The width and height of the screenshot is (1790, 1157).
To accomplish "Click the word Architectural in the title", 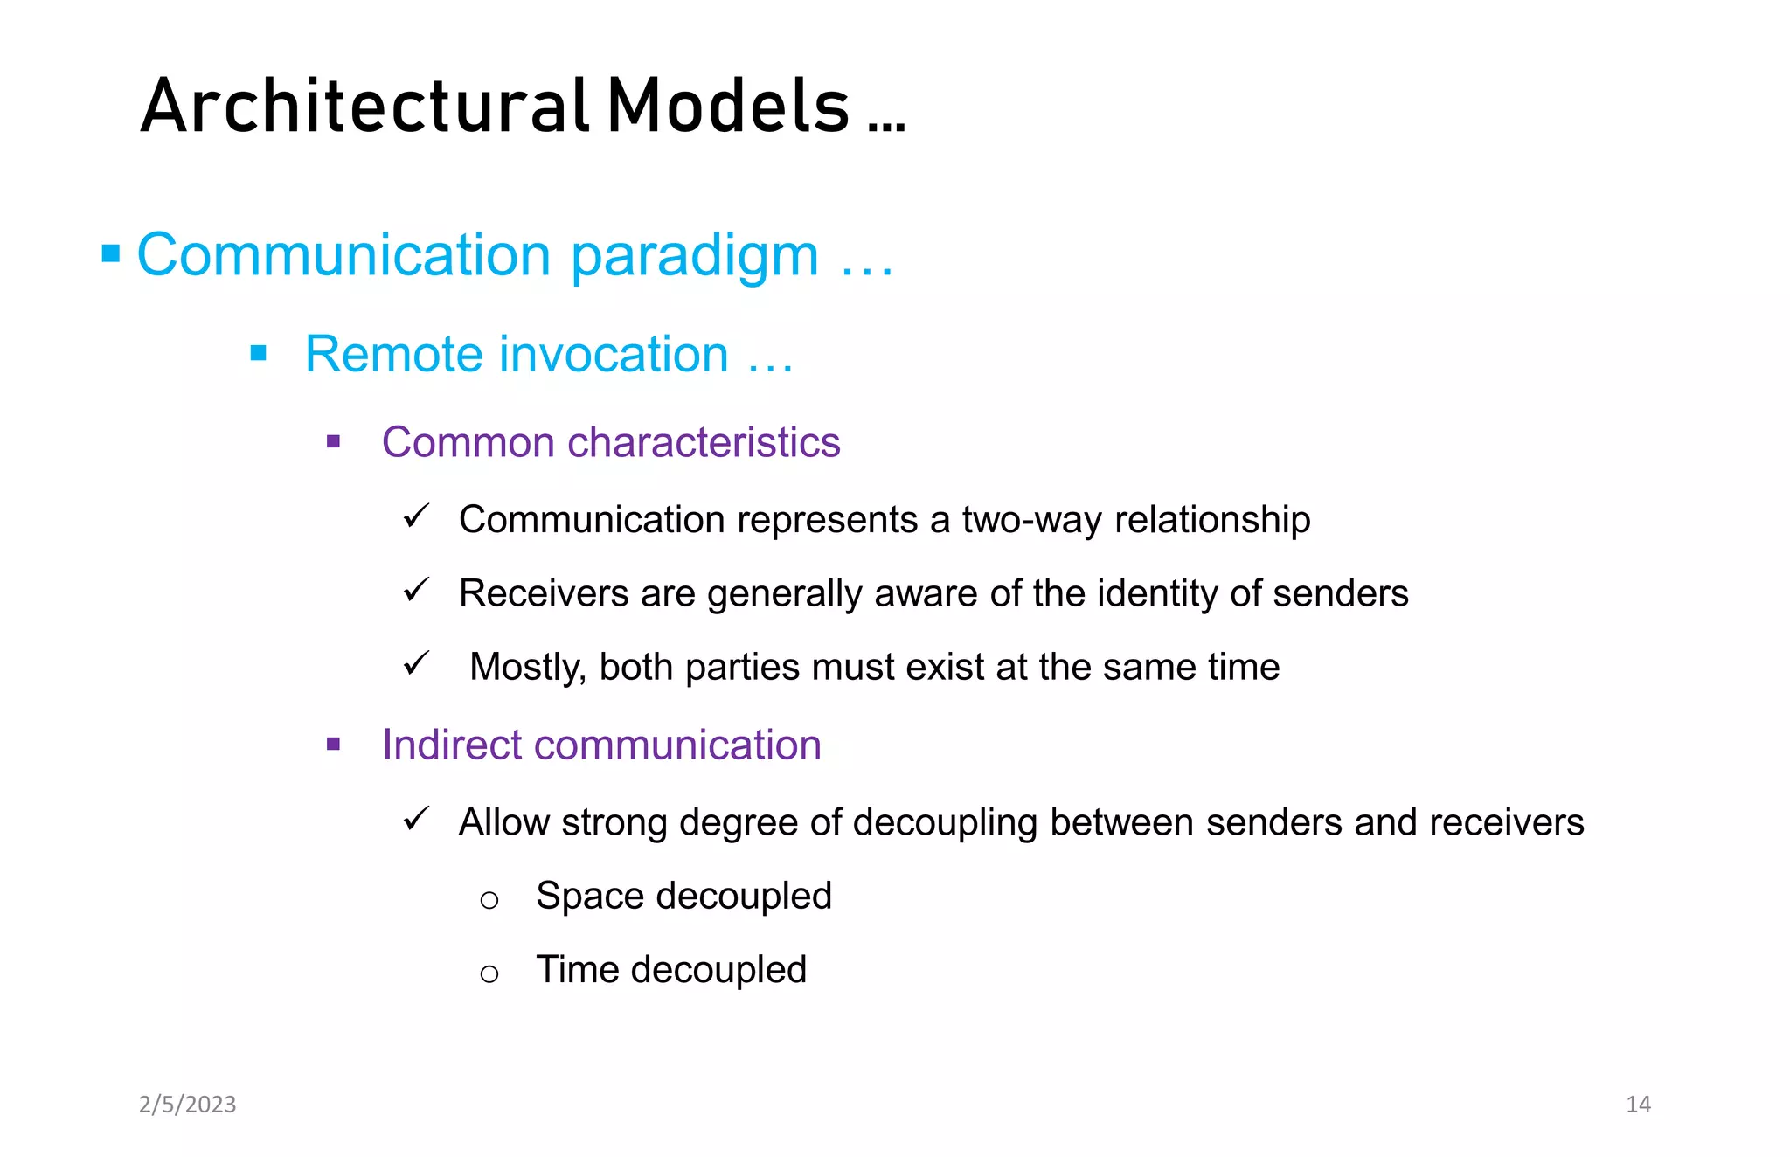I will tap(365, 107).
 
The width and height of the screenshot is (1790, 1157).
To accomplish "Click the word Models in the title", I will tap(728, 107).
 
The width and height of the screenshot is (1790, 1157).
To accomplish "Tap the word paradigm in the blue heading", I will tap(695, 256).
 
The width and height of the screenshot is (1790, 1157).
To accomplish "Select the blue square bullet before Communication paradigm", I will tap(111, 254).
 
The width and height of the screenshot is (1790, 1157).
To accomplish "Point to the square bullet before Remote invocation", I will tap(258, 353).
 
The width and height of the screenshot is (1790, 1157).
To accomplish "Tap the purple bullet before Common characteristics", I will tap(333, 441).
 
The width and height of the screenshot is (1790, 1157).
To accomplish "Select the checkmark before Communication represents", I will tap(416, 516).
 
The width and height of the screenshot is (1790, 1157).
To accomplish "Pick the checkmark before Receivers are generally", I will tap(416, 590).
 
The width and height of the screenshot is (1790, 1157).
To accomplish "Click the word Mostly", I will tap(527, 668).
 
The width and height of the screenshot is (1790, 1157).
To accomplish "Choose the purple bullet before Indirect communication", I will tap(333, 745).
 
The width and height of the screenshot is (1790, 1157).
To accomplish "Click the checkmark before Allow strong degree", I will tap(416, 819).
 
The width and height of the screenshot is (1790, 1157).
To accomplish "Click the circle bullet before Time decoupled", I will tap(489, 973).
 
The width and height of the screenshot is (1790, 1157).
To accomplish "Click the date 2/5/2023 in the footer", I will tap(188, 1105).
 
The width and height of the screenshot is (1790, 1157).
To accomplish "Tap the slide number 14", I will tap(1638, 1105).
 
